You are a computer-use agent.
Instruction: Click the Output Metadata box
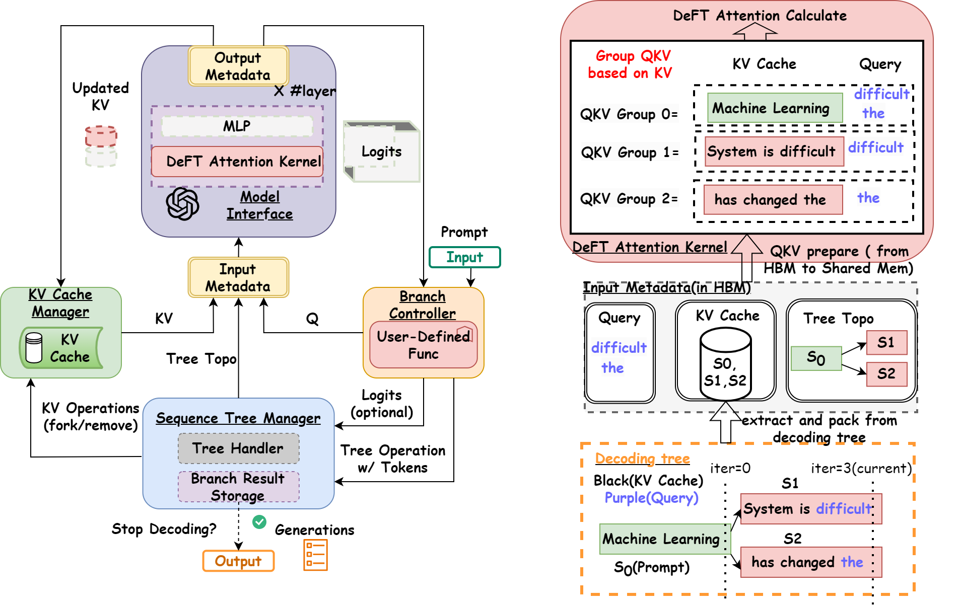point(238,66)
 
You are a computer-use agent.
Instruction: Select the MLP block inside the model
point(237,126)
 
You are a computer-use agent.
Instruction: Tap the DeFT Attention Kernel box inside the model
point(237,162)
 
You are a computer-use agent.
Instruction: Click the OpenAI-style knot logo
point(182,204)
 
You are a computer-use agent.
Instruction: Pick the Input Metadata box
point(238,277)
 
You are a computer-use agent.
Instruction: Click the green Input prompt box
point(464,257)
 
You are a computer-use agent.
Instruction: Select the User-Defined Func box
point(423,345)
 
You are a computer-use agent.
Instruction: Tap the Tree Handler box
point(238,448)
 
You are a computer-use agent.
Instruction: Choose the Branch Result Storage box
point(238,487)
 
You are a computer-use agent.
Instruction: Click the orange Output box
point(238,561)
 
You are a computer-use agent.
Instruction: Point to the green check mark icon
point(259,522)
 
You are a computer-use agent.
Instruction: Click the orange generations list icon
point(316,555)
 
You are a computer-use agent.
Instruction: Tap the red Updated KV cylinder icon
point(101,136)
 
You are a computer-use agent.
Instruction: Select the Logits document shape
point(381,151)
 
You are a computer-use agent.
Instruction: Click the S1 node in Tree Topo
point(886,343)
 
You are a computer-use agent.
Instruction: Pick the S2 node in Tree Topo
point(886,374)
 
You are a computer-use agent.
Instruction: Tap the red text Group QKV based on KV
point(630,64)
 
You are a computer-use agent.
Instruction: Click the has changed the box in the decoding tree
point(810,562)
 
